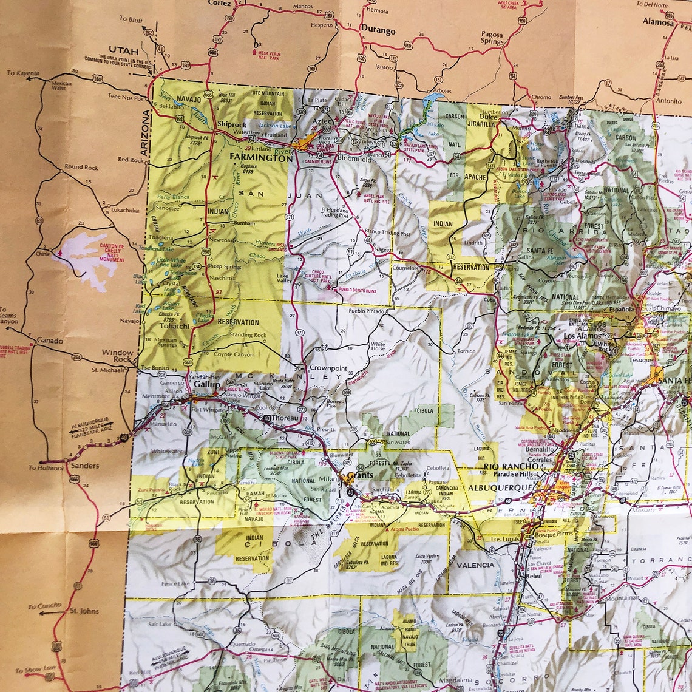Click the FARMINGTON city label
coord(261,158)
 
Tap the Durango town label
coord(378,30)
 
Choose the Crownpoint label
coord(328,368)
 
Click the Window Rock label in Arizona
coord(117,356)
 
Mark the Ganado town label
coord(50,341)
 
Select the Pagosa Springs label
coord(492,38)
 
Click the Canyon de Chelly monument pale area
coord(85,258)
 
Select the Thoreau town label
coord(285,418)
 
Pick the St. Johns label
coord(84,611)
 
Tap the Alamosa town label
coord(658,22)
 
